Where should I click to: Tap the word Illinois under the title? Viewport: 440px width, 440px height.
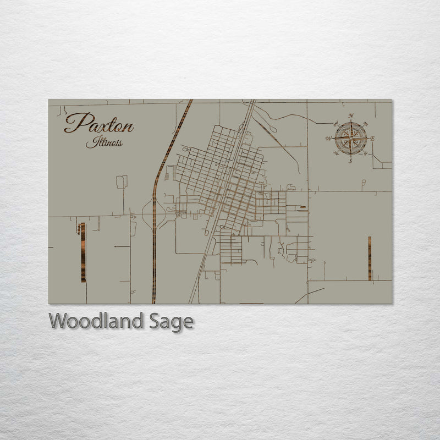[x=104, y=142]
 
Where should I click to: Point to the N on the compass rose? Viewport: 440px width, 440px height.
[x=351, y=116]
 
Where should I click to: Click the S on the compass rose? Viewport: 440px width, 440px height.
[x=350, y=161]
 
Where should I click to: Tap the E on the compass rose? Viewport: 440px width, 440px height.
[x=372, y=139]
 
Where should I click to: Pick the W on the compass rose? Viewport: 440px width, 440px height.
[x=329, y=139]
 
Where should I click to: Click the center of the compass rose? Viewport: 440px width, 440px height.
[x=350, y=138]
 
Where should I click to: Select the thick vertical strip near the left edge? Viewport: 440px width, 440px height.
[x=83, y=252]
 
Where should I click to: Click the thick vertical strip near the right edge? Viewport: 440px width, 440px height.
[x=370, y=258]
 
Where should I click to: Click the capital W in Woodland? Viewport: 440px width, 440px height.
[x=58, y=320]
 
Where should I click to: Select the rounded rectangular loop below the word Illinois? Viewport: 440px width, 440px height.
[x=122, y=182]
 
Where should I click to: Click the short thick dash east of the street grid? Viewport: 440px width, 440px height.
[x=302, y=208]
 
